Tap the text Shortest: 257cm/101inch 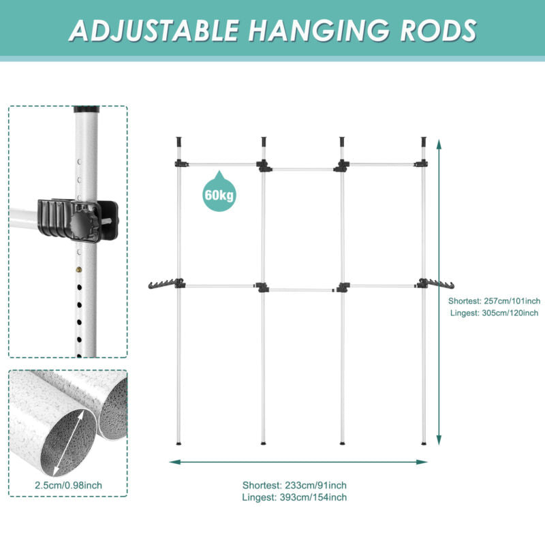coord(495,300)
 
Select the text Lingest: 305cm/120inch coord(495,313)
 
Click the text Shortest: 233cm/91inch coord(294,485)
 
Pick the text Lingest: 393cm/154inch coord(294,497)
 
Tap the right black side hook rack coord(437,283)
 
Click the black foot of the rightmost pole coord(424,444)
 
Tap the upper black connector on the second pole coord(264,166)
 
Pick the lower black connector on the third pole coord(342,287)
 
